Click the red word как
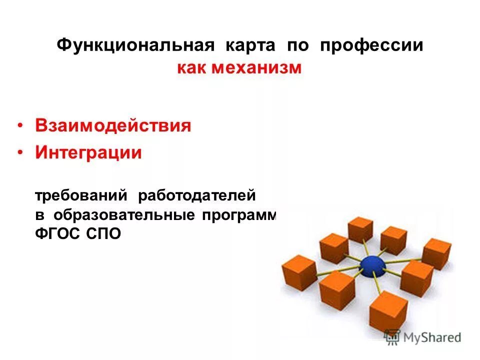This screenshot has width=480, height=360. tap(191, 67)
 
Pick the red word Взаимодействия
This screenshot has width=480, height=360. tap(113, 125)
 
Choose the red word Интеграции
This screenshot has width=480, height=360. tap(88, 152)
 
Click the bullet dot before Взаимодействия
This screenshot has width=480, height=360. tap(20, 126)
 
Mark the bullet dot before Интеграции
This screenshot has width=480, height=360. tap(20, 153)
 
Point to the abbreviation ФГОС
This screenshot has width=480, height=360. tap(55, 234)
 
